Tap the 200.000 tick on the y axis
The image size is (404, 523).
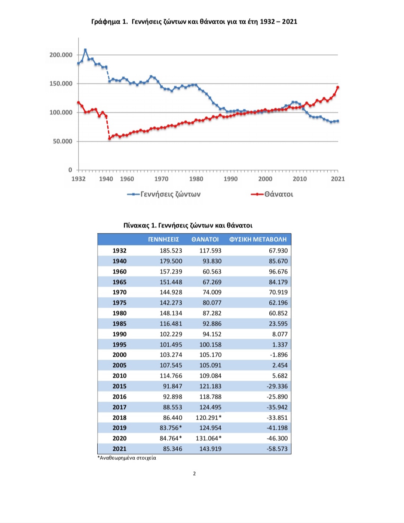pyautogui.click(x=61, y=55)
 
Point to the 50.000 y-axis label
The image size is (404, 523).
pyautogui.click(x=62, y=141)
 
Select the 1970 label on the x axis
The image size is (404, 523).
pyautogui.click(x=161, y=179)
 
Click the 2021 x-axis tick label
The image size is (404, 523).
pyautogui.click(x=338, y=179)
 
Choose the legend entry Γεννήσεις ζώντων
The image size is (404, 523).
pyautogui.click(x=164, y=194)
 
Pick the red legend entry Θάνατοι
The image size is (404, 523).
pyautogui.click(x=272, y=194)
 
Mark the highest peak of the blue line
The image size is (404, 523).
pyautogui.click(x=85, y=50)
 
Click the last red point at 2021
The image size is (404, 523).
pyautogui.click(x=338, y=87)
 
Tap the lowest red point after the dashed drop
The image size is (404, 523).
pyautogui.click(x=110, y=138)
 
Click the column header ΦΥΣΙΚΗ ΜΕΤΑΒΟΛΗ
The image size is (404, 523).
pyautogui.click(x=258, y=239)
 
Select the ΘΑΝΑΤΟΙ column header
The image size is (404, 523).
pyautogui.click(x=205, y=239)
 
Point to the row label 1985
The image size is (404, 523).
pyautogui.click(x=119, y=324)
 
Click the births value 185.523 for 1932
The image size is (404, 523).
pyautogui.click(x=171, y=251)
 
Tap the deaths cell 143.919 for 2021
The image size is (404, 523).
pyautogui.click(x=210, y=448)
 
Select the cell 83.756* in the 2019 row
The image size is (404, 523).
pyautogui.click(x=171, y=428)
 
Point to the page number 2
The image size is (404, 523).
pyautogui.click(x=195, y=474)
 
